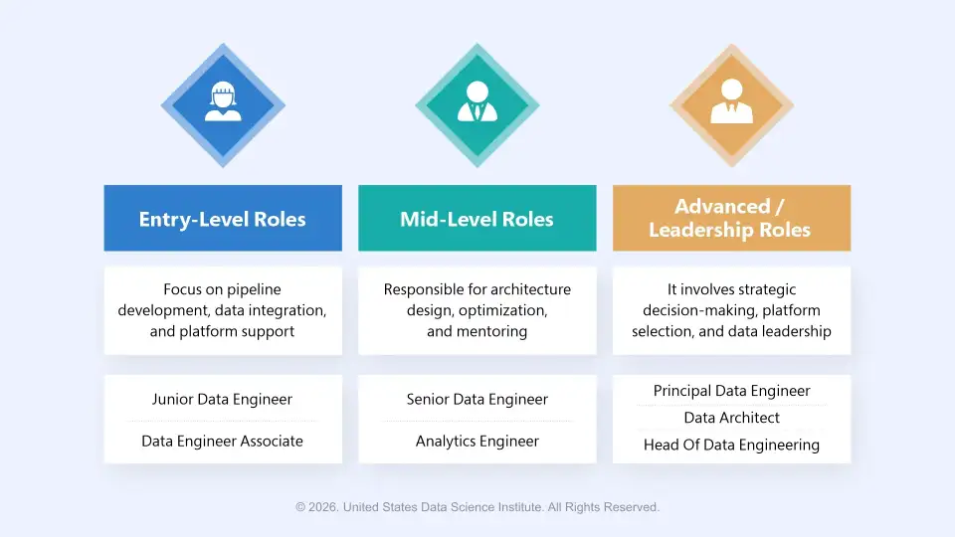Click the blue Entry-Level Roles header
pos(223,219)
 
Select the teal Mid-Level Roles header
pos(477,219)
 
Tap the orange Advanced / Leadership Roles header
pos(731,218)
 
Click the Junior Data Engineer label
pos(222,399)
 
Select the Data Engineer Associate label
pos(222,441)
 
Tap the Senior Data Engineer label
pos(477,399)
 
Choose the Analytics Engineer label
pos(477,441)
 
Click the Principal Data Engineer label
pos(731,391)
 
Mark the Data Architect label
pos(731,418)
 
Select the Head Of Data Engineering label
pos(731,445)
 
